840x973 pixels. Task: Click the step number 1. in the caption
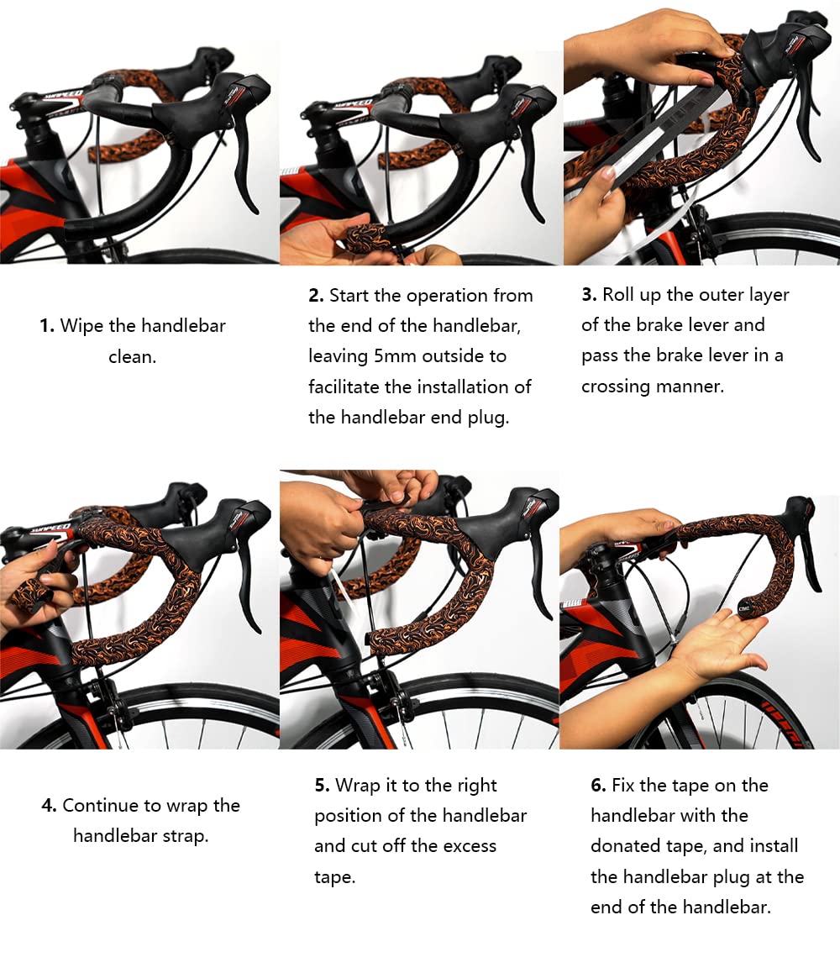(47, 326)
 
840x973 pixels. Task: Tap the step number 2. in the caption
(317, 296)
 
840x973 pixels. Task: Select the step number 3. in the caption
(590, 295)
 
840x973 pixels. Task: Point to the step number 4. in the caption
(49, 806)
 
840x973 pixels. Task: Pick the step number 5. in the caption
(322, 786)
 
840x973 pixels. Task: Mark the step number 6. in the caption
(598, 786)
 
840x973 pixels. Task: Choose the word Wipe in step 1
(81, 326)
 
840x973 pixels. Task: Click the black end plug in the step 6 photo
(744, 608)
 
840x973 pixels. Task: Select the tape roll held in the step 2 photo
(366, 239)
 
